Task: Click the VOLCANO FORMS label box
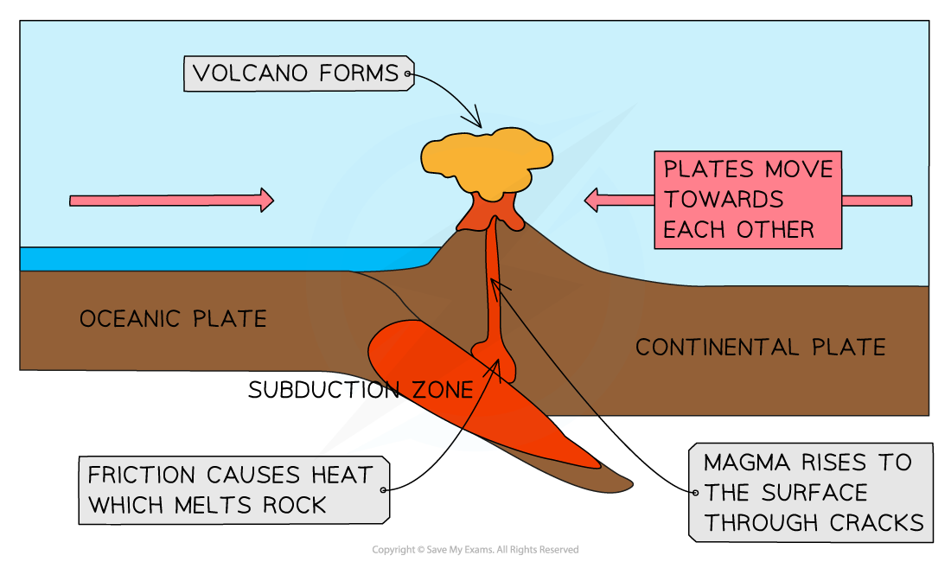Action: [297, 73]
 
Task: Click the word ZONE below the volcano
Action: [442, 391]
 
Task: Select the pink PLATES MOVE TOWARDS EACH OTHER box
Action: [747, 200]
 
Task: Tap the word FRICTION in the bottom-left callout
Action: [142, 476]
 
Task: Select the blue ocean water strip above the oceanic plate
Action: [216, 259]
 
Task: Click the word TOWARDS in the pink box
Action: [724, 200]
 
